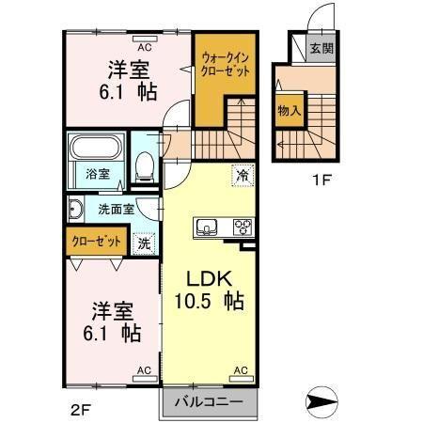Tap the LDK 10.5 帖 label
click(x=208, y=290)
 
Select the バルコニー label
click(x=209, y=401)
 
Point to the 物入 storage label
click(x=289, y=110)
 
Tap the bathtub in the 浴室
click(x=97, y=149)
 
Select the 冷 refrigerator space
click(x=243, y=175)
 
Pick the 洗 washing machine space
click(x=144, y=243)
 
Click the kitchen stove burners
click(x=243, y=227)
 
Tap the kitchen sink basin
click(x=207, y=227)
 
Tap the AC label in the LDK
click(x=240, y=369)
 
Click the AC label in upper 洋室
click(x=145, y=46)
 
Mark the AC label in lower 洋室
click(x=144, y=369)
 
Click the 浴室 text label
click(x=98, y=175)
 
